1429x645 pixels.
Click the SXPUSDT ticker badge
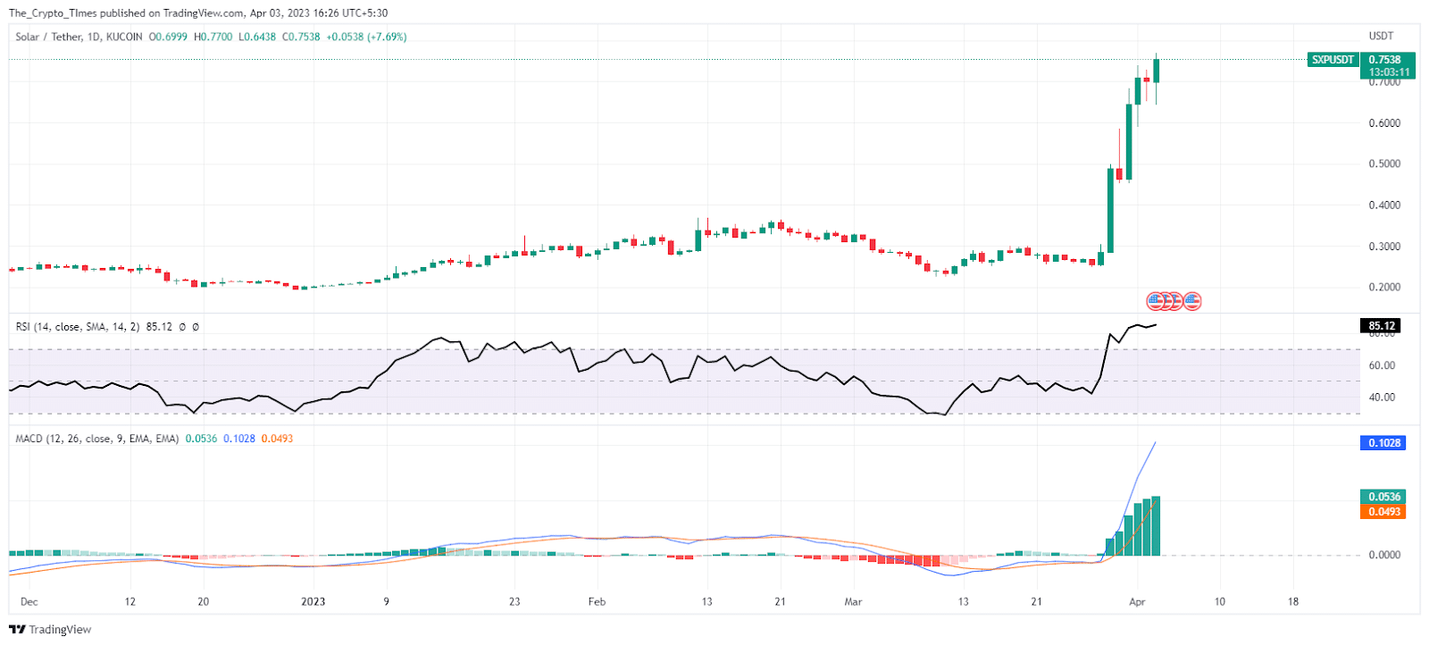click(x=1333, y=60)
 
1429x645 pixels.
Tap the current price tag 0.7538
click(x=1385, y=60)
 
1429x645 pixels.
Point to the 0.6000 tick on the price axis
click(x=1384, y=123)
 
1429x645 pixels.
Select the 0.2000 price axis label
click(x=1384, y=288)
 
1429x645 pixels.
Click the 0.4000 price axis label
click(x=1384, y=205)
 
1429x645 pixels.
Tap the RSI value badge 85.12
click(x=1382, y=326)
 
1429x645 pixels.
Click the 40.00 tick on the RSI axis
click(x=1382, y=398)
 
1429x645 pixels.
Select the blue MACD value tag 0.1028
click(x=1384, y=443)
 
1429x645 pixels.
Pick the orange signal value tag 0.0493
click(x=1384, y=512)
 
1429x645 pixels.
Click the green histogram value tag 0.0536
click(x=1384, y=497)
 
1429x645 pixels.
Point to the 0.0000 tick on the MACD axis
click(x=1384, y=555)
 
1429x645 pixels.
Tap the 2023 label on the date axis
click(x=313, y=602)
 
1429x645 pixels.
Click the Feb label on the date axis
click(x=597, y=602)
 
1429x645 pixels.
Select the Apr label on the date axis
click(x=1137, y=602)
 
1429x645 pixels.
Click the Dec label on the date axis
click(x=29, y=602)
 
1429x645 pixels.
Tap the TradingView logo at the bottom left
click(x=50, y=630)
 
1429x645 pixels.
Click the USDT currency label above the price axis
click(x=1381, y=37)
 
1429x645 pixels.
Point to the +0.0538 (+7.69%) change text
click(x=366, y=37)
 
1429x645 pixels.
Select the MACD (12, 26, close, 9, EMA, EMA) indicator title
click(x=97, y=439)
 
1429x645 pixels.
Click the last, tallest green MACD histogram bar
click(x=1156, y=526)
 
